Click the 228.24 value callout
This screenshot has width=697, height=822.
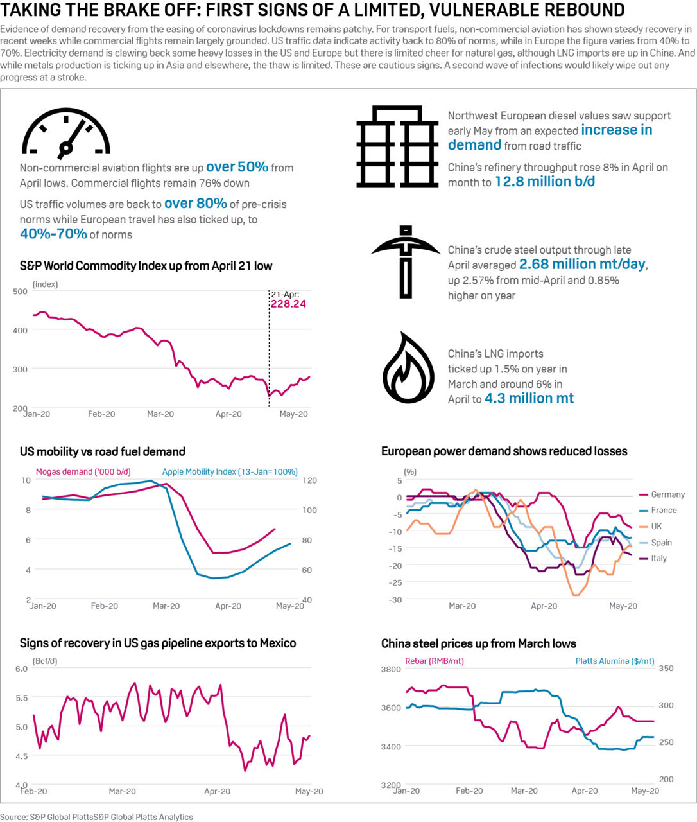288,304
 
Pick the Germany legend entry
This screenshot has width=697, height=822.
667,494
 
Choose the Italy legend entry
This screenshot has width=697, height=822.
658,558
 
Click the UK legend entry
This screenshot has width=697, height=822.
656,526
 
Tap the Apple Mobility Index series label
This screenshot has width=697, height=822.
230,471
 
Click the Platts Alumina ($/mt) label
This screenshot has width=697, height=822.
615,661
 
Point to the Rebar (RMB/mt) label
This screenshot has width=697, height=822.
435,661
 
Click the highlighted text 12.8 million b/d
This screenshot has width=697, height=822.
544,182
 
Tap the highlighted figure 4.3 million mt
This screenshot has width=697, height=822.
529,398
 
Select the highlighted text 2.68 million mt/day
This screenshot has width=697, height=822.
582,265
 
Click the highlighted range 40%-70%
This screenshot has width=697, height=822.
53,234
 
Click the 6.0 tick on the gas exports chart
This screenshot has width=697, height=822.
21,669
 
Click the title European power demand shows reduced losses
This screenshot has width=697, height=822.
504,451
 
